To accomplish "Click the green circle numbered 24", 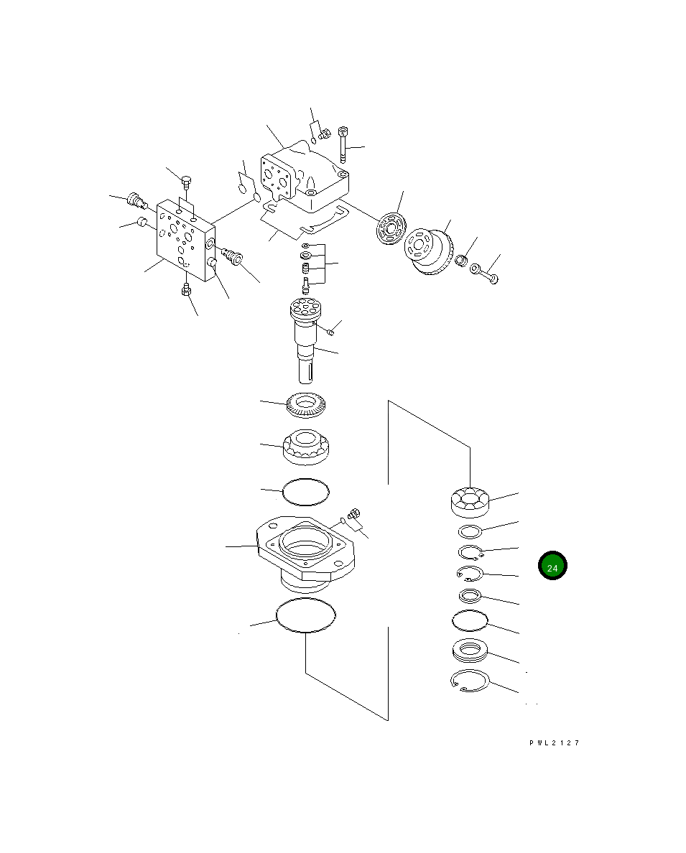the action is click(552, 566).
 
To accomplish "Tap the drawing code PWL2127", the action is click(555, 742).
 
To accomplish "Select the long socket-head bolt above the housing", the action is click(343, 145).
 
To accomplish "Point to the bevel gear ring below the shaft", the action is click(305, 405).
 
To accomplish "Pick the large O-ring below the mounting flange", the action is click(305, 615).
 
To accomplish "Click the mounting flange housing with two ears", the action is click(305, 555).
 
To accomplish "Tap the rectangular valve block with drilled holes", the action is click(185, 240).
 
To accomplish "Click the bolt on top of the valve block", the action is click(185, 181).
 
